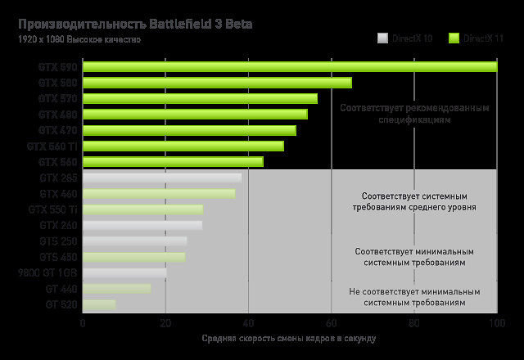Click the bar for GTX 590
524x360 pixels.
(290, 67)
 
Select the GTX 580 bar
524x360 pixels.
(217, 83)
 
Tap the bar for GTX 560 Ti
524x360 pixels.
(183, 146)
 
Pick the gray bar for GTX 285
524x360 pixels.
(162, 178)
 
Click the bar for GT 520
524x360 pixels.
(99, 304)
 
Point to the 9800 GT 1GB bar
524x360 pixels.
(124, 272)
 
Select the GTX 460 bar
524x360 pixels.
(159, 193)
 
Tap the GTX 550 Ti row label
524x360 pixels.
(52, 209)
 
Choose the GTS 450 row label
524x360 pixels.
(57, 257)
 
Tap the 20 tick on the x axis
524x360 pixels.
(165, 323)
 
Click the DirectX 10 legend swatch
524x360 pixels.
(382, 38)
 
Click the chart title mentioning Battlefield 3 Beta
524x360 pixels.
(135, 24)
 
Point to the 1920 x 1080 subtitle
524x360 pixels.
(79, 39)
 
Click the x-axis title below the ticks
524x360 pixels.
(288, 339)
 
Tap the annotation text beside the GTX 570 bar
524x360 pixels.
(415, 114)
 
